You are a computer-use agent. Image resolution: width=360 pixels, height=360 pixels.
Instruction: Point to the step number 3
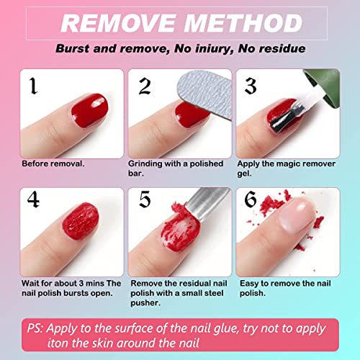[250, 86]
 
